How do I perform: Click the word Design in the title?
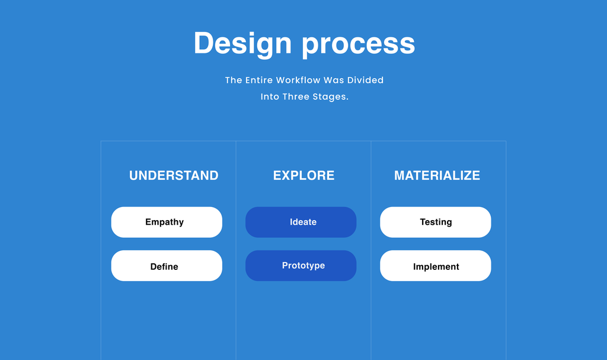242,44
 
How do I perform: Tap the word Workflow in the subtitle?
298,80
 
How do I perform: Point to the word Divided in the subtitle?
365,80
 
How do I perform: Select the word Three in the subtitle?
296,97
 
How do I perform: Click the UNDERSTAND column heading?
174,176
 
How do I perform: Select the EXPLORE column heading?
304,176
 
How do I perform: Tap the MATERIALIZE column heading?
437,176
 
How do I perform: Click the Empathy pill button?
167,222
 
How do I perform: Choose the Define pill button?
167,266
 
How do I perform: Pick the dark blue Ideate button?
301,222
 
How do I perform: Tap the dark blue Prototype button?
301,266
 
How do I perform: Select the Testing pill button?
436,222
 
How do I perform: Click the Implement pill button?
436,266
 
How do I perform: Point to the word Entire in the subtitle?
259,80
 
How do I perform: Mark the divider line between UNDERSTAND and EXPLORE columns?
236,250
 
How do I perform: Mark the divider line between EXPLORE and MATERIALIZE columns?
371,250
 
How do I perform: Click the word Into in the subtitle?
270,97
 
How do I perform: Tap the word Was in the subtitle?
334,80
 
